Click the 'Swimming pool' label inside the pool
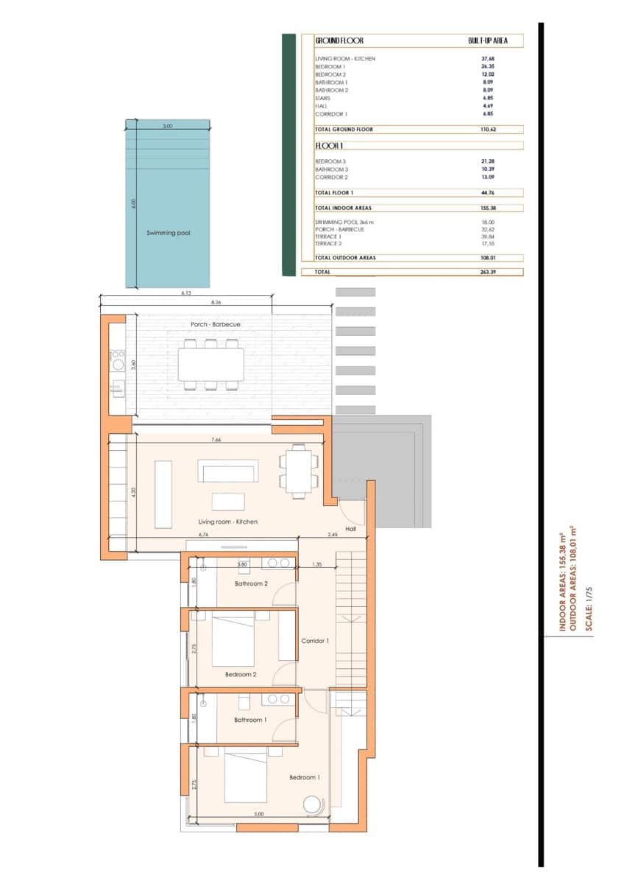point(168,233)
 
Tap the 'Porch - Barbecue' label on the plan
point(216,325)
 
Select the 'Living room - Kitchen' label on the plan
point(228,522)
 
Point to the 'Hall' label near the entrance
point(350,528)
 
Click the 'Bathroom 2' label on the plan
point(250,584)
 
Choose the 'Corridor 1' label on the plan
point(315,641)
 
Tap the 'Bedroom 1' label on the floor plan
point(305,778)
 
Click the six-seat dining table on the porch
point(211,364)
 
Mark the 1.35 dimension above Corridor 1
point(317,564)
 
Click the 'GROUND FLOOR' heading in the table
point(339,41)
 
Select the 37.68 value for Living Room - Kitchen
point(487,59)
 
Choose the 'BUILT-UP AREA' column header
point(487,41)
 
